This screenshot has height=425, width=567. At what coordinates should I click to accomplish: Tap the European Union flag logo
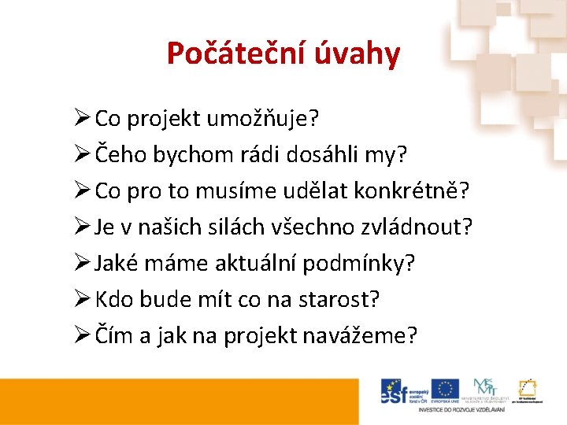446,390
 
